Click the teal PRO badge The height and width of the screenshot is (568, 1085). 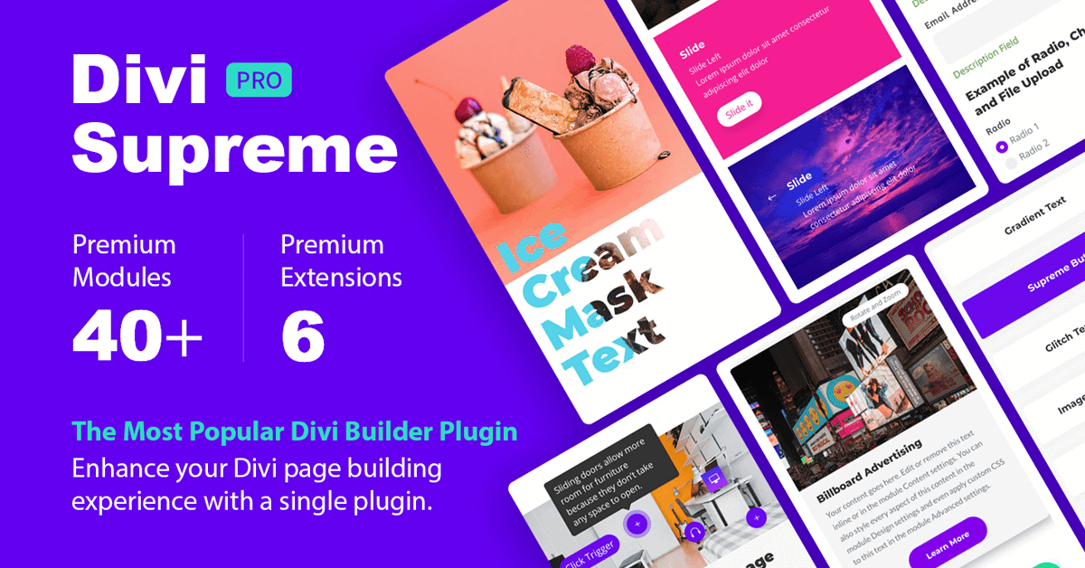click(259, 80)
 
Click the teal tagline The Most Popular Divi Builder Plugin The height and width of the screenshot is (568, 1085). click(295, 431)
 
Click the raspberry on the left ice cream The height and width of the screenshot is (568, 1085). click(468, 109)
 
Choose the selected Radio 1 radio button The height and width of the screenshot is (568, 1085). click(1001, 147)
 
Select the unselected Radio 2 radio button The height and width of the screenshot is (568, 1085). click(1011, 164)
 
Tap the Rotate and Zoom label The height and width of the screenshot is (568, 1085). click(873, 309)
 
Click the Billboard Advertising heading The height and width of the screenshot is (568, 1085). click(869, 470)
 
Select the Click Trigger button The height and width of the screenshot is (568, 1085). click(590, 553)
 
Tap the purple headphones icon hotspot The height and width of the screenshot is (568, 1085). click(694, 533)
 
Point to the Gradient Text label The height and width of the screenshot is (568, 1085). click(1035, 217)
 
